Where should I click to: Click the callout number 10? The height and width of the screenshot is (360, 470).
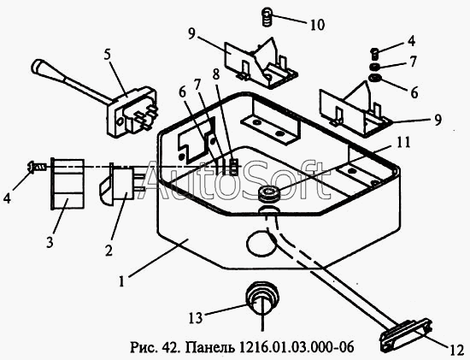pos(317,25)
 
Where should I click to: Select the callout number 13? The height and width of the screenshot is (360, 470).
pos(196,318)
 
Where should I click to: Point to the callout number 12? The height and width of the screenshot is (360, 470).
pos(456,351)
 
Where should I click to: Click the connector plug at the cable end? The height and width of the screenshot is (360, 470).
pos(406,335)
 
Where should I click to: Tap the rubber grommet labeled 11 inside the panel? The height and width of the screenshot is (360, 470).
pos(268,194)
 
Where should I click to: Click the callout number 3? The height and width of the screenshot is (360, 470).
pos(50,242)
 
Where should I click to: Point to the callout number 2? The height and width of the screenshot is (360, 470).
pos(109,251)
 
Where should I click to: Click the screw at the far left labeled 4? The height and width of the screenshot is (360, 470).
pos(37,166)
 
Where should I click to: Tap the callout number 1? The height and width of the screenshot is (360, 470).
pos(121,281)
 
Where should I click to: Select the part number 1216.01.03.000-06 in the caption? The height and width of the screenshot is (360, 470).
pos(297,347)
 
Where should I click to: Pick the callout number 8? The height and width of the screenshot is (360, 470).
pos(216,74)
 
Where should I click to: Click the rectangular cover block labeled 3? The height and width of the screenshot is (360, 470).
pos(68,184)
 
